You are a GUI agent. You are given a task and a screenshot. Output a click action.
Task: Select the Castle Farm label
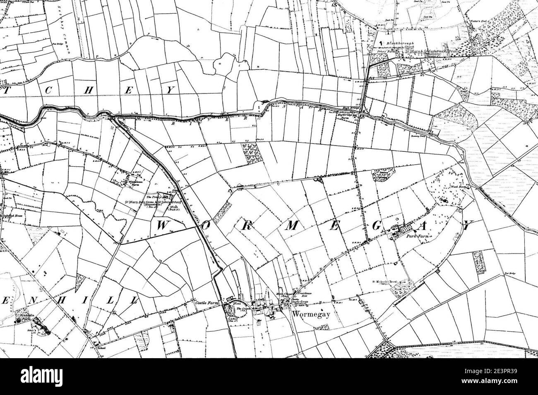(207, 303)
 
